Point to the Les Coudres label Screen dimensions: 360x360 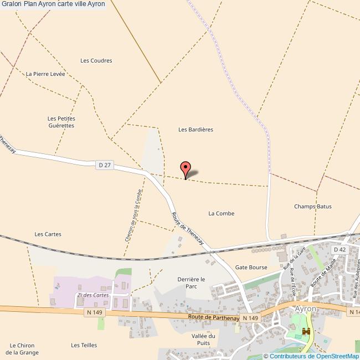[x=96, y=61]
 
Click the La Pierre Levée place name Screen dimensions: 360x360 [x=45, y=74]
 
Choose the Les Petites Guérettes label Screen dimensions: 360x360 [x=61, y=122]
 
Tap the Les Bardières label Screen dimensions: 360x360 [x=196, y=130]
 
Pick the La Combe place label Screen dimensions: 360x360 [x=221, y=213]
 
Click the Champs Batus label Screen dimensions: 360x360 [x=313, y=207]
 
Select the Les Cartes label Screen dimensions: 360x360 [x=48, y=234]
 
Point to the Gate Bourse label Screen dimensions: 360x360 [x=251, y=267]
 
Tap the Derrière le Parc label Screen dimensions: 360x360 [x=191, y=282]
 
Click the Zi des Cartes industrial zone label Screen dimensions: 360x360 [x=93, y=295]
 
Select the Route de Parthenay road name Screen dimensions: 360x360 [x=213, y=317]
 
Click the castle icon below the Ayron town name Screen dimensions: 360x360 [x=305, y=332]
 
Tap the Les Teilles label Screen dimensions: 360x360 [x=84, y=345]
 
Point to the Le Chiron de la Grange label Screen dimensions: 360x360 [x=22, y=348]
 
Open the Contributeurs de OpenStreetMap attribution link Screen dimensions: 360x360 [x=314, y=356]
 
